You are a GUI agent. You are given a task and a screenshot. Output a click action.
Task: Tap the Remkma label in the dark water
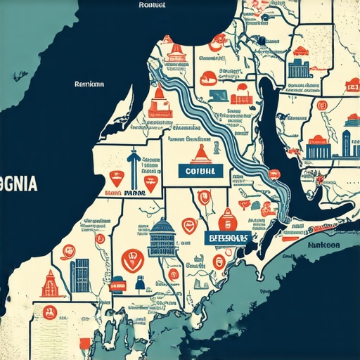90,84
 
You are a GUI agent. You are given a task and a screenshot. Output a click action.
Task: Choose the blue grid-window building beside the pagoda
80,276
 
